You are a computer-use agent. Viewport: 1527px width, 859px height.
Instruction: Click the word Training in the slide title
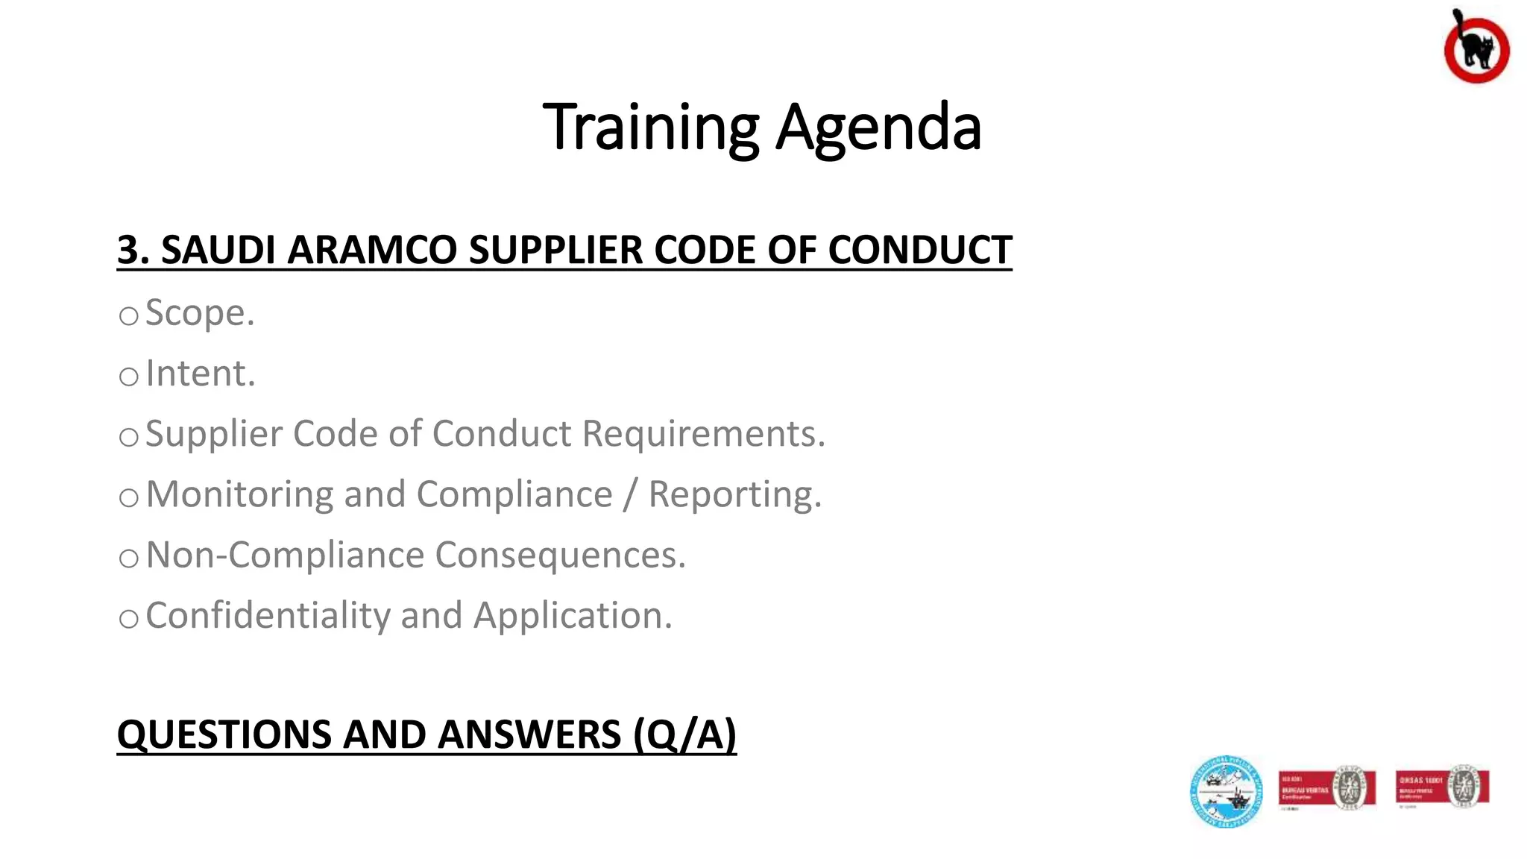[651, 127]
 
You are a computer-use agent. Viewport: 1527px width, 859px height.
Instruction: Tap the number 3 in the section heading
[128, 250]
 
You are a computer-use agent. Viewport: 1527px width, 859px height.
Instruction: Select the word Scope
[199, 312]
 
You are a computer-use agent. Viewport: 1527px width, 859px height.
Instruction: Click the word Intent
[200, 373]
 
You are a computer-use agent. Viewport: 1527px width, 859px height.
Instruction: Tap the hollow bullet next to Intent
[129, 377]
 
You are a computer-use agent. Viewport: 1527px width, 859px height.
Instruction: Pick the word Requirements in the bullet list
[703, 433]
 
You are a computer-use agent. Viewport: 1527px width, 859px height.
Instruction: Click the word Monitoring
[239, 494]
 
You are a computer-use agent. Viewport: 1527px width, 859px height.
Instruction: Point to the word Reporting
[734, 494]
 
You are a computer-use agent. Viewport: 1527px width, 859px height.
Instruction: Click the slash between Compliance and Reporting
[631, 494]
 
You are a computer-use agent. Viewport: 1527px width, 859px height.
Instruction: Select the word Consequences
[559, 555]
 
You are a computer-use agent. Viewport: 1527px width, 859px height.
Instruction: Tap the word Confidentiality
[268, 615]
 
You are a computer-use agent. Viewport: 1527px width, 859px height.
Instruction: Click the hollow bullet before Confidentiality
[129, 619]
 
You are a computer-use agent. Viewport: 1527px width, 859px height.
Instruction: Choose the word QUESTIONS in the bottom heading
[224, 734]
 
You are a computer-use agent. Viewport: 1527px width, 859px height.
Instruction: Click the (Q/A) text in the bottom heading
[684, 734]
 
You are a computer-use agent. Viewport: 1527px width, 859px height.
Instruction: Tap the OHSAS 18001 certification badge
[1442, 788]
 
